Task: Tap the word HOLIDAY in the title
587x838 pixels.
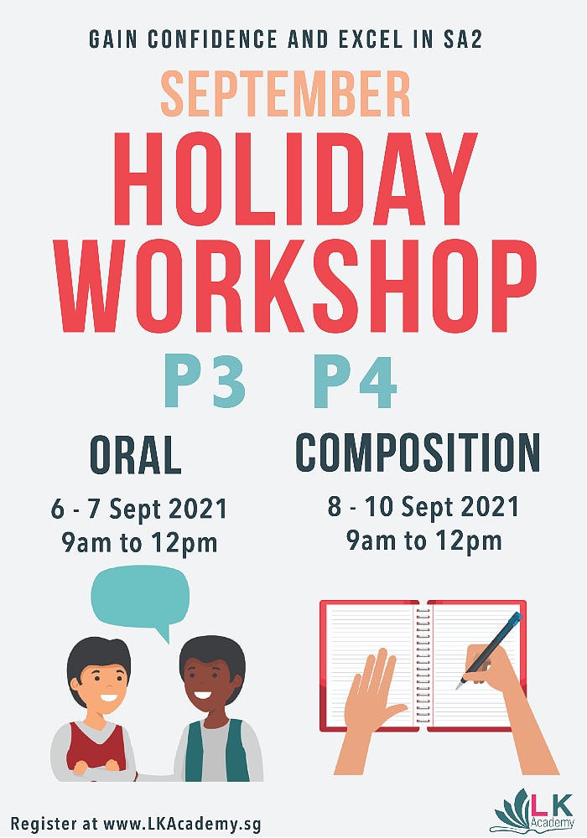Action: click(x=295, y=178)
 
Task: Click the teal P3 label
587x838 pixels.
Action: click(x=205, y=380)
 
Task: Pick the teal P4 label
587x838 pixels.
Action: click(x=355, y=380)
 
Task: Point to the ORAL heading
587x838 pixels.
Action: click(x=136, y=455)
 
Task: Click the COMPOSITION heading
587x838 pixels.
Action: click(x=418, y=453)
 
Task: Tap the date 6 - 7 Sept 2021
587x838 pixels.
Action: click(x=139, y=509)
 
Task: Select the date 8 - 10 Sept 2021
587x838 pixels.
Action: click(x=423, y=507)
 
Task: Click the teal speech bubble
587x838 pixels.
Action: click(x=140, y=597)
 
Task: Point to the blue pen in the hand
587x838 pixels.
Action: click(x=489, y=650)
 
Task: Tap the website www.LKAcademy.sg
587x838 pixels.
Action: click(x=182, y=823)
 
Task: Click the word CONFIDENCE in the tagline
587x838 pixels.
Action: click(x=212, y=39)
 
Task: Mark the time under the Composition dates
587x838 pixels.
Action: click(x=424, y=541)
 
